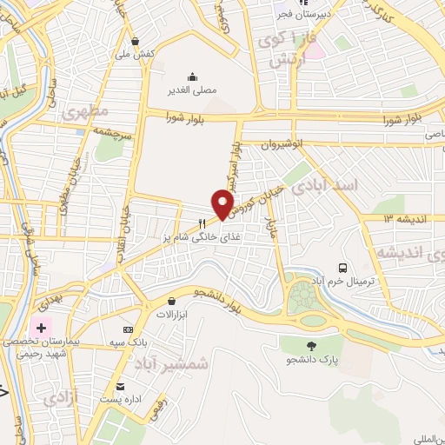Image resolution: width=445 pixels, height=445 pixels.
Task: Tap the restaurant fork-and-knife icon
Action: (203, 222)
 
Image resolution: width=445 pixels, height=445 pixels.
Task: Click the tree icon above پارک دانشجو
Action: (310, 345)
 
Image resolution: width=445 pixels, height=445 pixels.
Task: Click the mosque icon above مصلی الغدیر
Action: (192, 76)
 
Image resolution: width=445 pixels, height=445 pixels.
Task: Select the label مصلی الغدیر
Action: (192, 90)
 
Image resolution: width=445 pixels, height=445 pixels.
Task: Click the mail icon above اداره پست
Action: (120, 387)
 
